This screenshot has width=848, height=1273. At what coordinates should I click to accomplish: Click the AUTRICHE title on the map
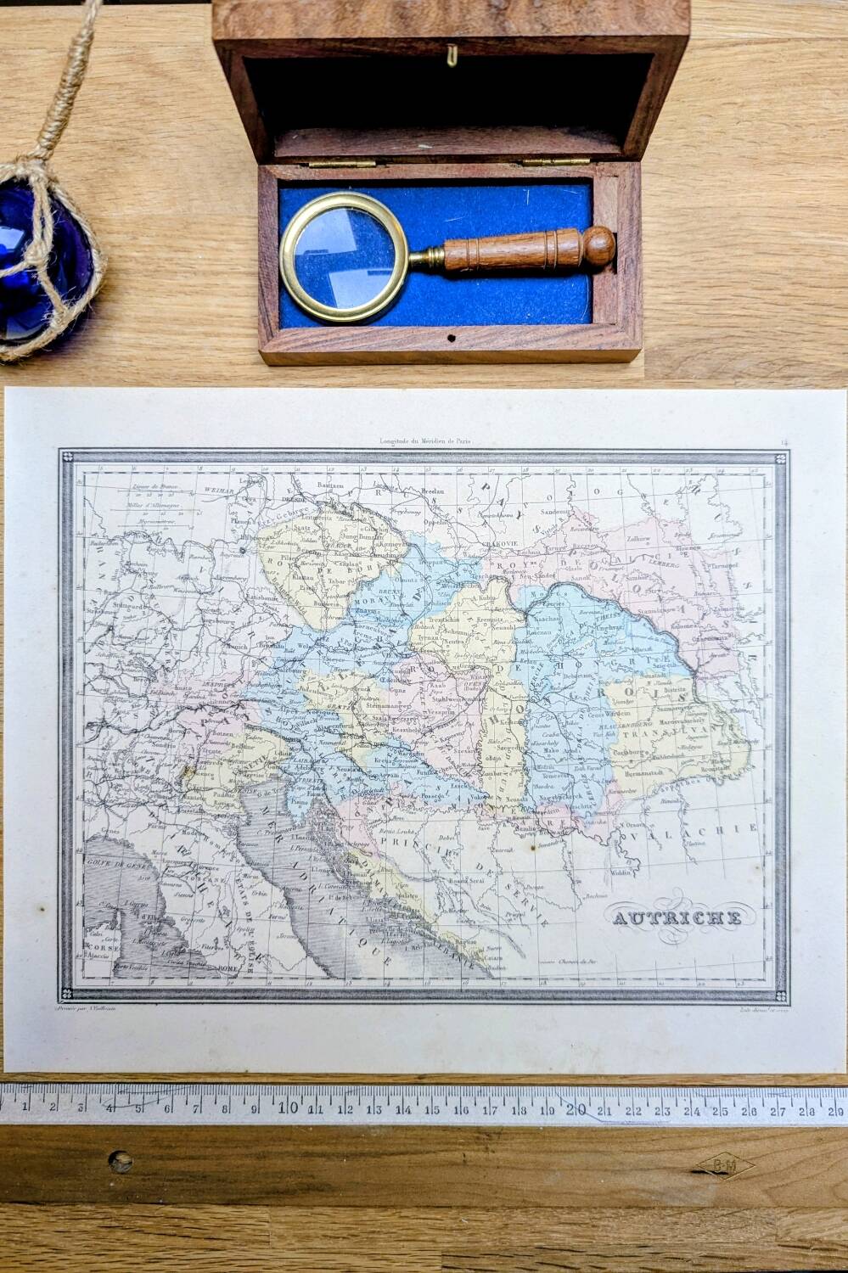[x=674, y=917]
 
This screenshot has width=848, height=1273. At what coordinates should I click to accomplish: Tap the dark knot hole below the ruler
[x=121, y=1161]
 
